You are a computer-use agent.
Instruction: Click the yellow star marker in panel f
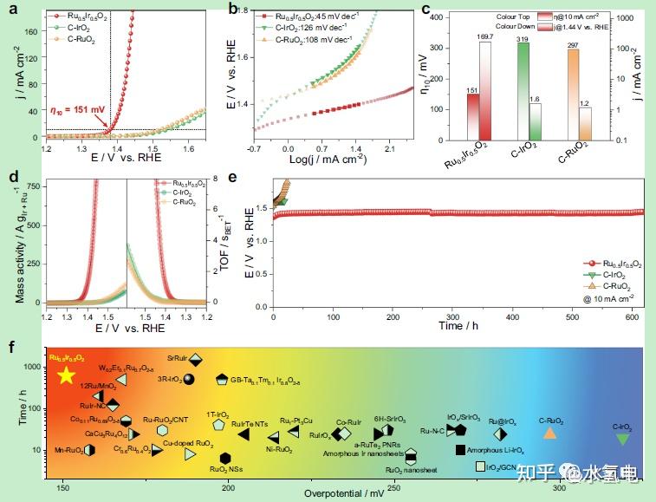[x=66, y=375]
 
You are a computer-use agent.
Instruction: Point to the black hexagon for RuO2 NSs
[x=225, y=458]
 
